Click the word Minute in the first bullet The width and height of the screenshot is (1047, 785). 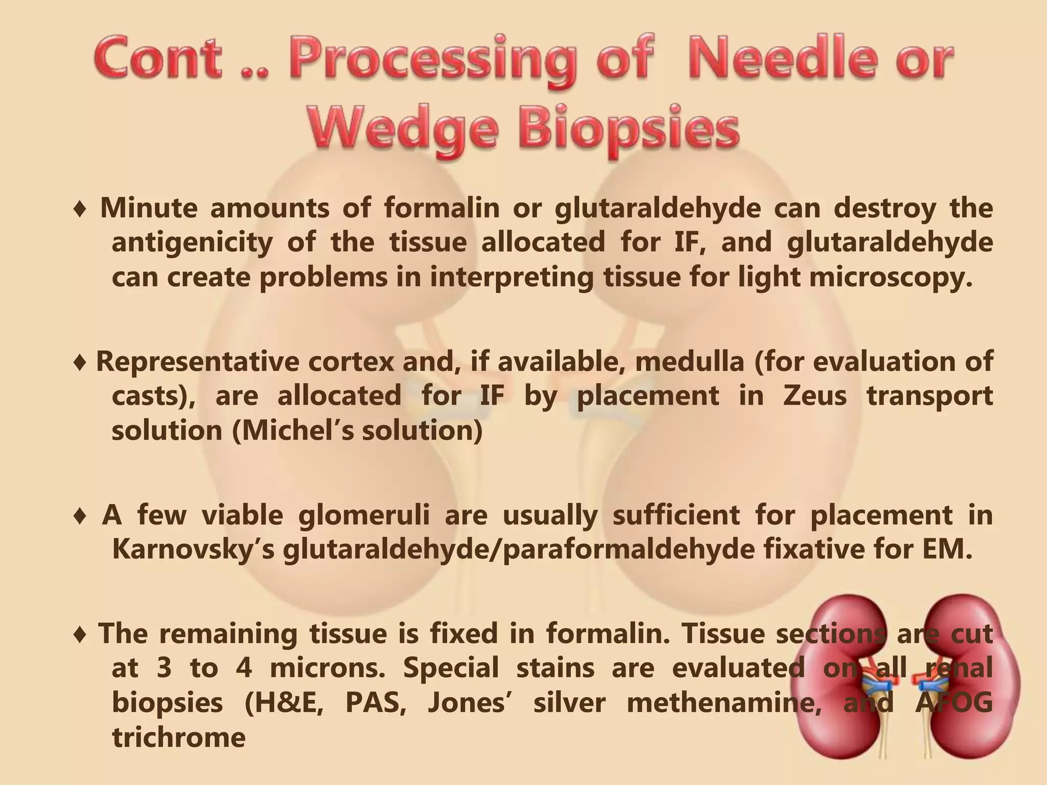pyautogui.click(x=148, y=209)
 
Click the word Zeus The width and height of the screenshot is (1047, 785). pyautogui.click(x=814, y=396)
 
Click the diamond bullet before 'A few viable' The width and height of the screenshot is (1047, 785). pyautogui.click(x=80, y=517)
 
